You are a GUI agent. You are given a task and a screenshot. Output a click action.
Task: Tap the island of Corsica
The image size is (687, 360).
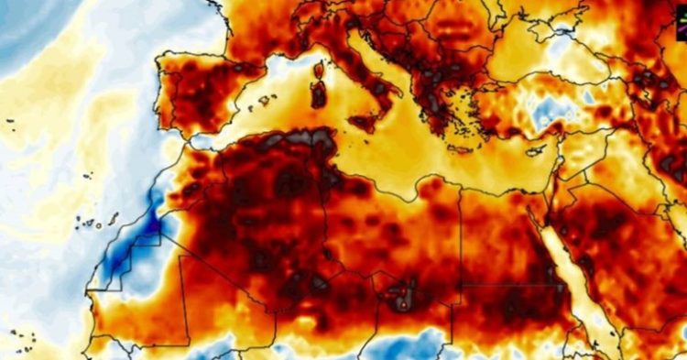[x=320, y=70]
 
